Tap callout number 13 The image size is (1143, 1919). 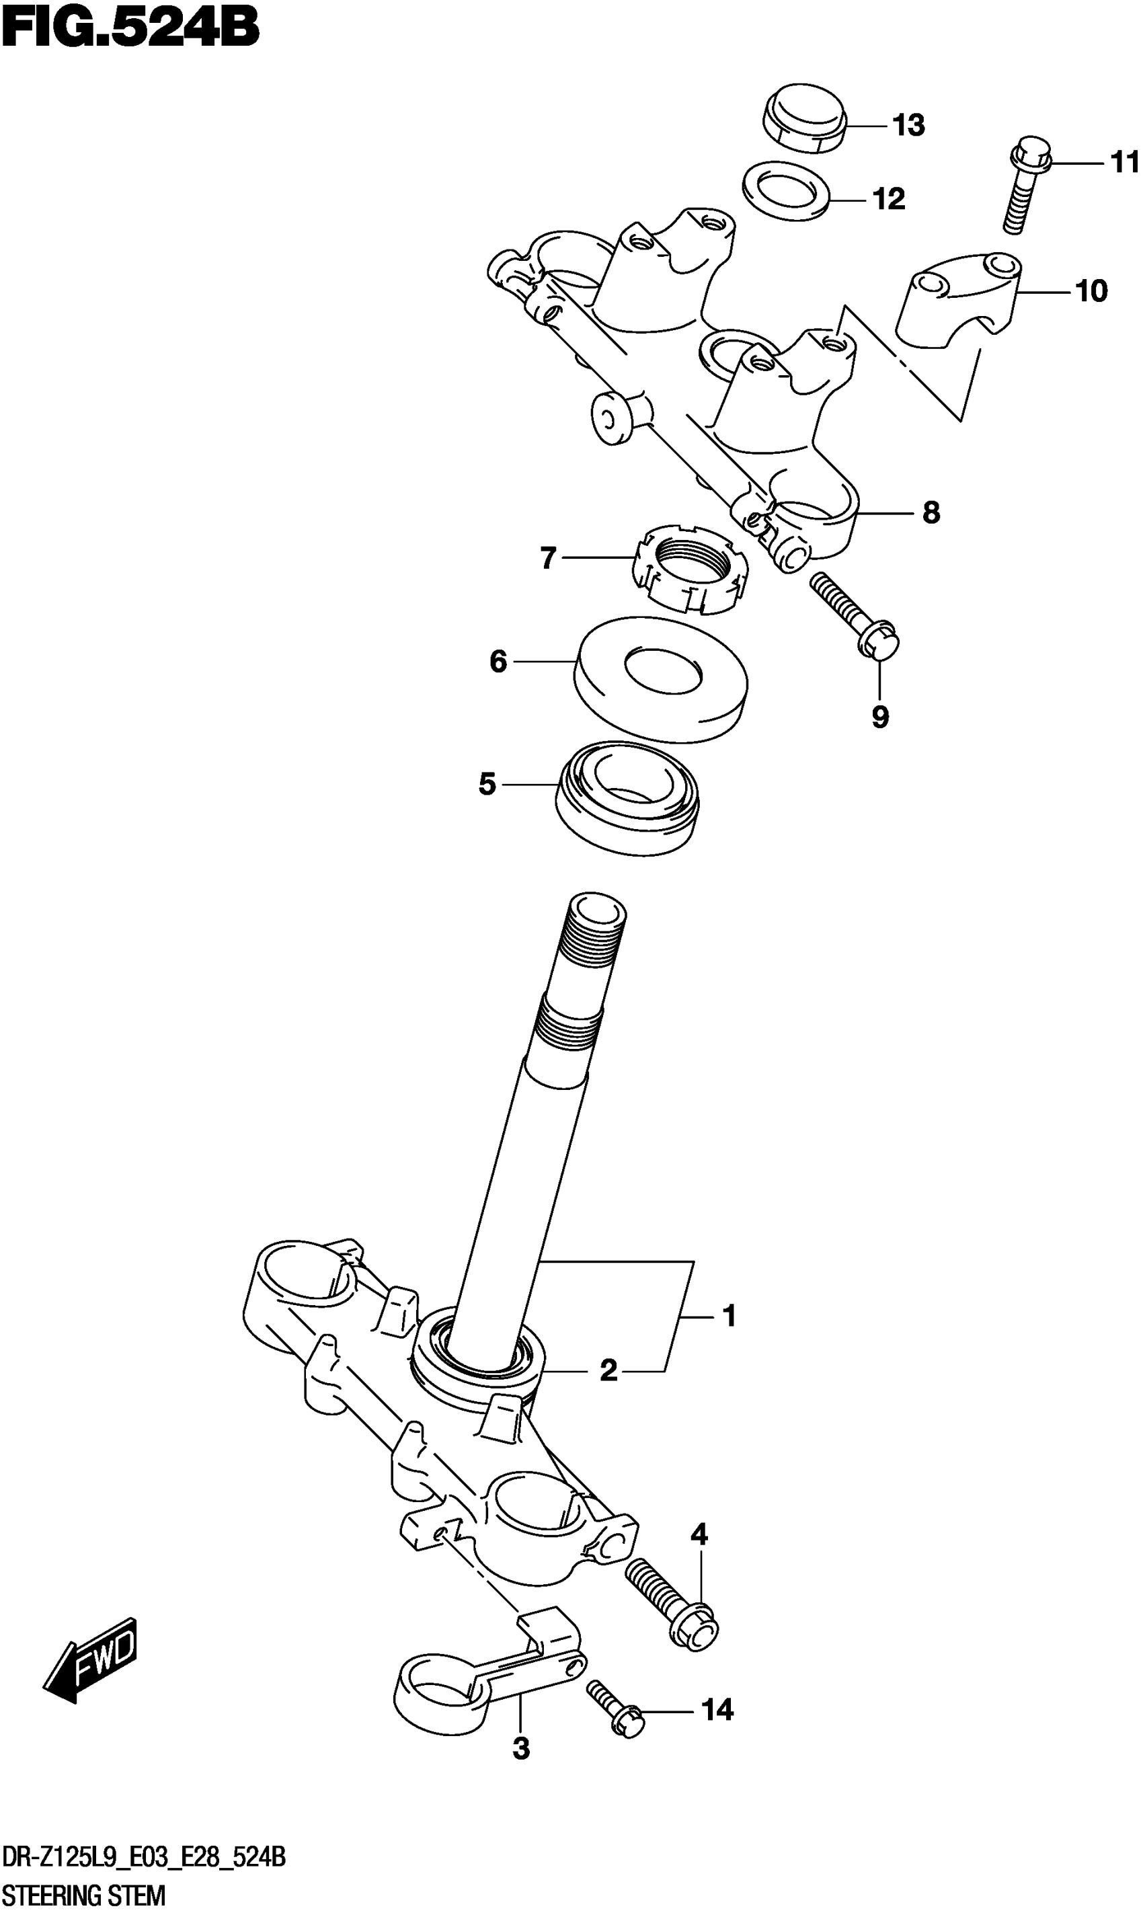click(x=909, y=125)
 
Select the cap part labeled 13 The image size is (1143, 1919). click(x=804, y=120)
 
